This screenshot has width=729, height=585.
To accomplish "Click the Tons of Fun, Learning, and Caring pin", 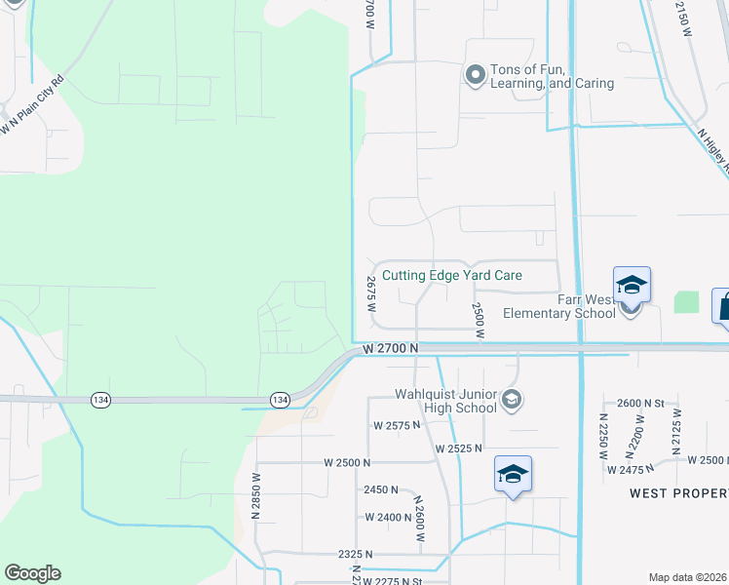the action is (476, 74).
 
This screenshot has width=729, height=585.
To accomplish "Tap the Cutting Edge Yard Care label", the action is (452, 276).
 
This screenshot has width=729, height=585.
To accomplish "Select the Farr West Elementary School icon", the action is (632, 285).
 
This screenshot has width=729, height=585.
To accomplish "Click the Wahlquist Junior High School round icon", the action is (513, 400).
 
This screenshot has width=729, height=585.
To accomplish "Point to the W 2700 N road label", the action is (390, 348).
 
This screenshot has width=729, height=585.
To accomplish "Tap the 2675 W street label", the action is (371, 292).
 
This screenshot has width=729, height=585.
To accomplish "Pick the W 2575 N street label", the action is (396, 426).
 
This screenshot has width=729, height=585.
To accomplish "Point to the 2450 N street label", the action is (381, 489).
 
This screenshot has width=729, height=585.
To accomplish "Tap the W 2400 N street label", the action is (389, 518).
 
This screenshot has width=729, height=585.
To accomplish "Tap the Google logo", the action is (32, 573).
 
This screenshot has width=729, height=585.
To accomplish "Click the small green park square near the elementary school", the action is (686, 302).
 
